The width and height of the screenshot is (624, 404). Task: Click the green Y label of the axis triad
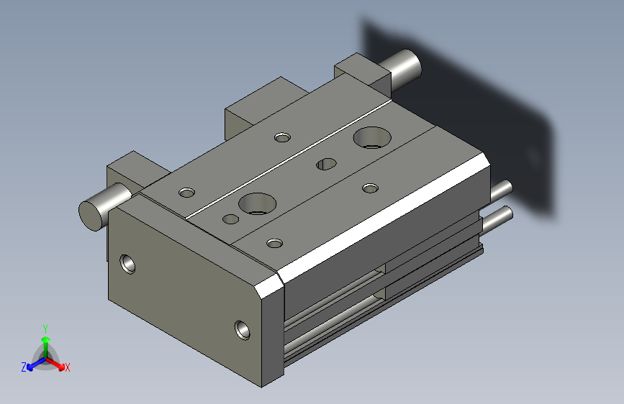point(45,329)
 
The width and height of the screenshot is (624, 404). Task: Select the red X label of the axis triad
point(67,367)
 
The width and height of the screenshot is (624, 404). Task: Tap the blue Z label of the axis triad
point(24,367)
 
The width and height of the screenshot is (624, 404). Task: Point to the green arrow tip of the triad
point(46,339)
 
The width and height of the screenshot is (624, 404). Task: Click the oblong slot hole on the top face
point(326,164)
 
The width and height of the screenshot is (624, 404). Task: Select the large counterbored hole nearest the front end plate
point(258,203)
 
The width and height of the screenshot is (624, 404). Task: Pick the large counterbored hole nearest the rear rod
point(372,137)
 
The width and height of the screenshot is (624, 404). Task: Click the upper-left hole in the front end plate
point(127,265)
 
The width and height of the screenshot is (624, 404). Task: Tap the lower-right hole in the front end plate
point(243,330)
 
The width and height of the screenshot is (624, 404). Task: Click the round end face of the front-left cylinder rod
point(92,216)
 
